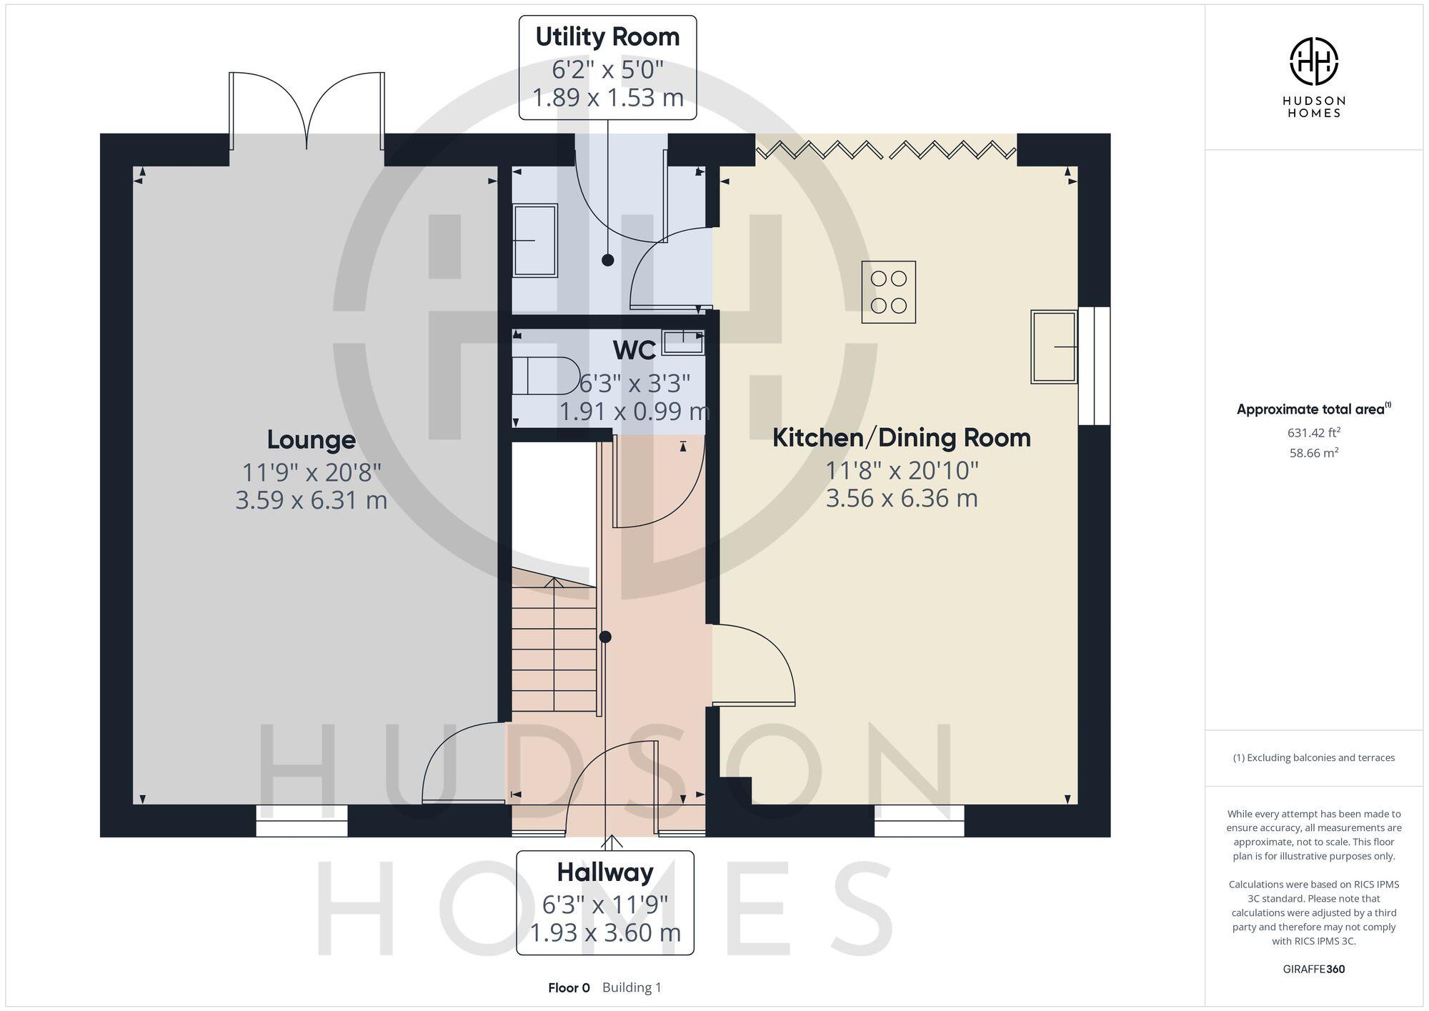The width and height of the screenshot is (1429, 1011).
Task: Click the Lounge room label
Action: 311,439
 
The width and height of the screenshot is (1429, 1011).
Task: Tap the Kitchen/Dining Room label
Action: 901,437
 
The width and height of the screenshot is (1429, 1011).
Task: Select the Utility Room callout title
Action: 607,37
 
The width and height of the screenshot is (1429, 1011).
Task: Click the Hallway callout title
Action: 604,872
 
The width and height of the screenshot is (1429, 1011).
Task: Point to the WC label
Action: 634,350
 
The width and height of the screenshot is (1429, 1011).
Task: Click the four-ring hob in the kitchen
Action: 888,292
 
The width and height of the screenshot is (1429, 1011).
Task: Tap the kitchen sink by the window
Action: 1054,347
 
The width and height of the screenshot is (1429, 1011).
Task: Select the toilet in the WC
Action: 546,376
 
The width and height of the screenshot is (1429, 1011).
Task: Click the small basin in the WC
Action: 683,342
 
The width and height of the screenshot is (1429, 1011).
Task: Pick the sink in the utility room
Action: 534,241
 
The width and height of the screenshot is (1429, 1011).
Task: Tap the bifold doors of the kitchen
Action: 886,149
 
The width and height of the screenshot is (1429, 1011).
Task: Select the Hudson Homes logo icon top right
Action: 1313,61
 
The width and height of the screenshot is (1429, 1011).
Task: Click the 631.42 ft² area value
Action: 1313,432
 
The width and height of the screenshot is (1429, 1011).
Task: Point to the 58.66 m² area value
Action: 1313,453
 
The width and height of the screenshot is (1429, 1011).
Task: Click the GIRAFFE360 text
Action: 1313,970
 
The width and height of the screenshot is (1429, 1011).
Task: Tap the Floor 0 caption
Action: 569,988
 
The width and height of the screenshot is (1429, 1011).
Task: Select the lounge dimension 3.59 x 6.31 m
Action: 311,500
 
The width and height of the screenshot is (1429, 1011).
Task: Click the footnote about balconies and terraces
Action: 1313,758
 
